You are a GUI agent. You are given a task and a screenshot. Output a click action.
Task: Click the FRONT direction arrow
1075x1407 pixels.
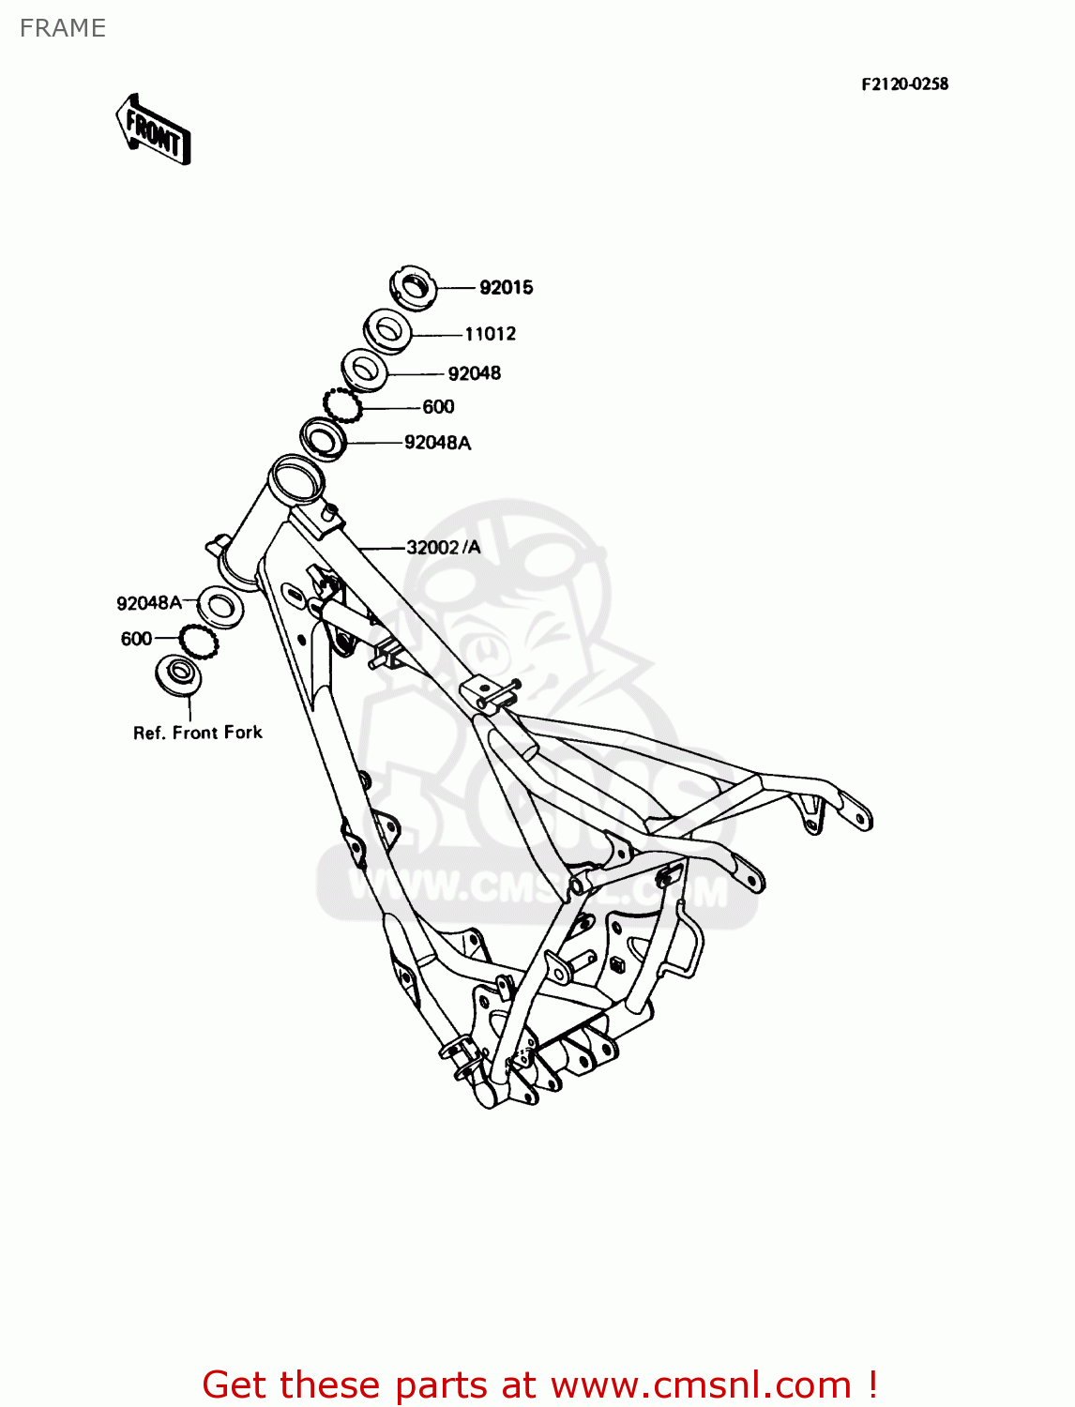[154, 130]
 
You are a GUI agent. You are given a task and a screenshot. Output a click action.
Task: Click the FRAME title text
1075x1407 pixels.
[63, 28]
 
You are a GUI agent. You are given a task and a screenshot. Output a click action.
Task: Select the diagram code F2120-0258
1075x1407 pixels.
[904, 84]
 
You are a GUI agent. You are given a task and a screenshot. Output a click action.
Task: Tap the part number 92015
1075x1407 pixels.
[506, 288]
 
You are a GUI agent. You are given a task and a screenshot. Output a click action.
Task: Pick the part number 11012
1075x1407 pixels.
[490, 334]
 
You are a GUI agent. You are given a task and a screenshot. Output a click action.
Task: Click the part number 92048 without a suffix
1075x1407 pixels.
[474, 373]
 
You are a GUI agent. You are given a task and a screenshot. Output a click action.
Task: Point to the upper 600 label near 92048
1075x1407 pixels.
[438, 407]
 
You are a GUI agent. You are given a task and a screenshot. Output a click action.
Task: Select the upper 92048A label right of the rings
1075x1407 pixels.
[437, 443]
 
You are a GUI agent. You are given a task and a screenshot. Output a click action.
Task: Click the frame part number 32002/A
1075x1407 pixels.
[443, 548]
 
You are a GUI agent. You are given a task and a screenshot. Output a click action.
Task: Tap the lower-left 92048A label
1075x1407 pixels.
[149, 603]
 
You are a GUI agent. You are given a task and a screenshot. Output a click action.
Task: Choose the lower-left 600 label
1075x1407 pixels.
[136, 639]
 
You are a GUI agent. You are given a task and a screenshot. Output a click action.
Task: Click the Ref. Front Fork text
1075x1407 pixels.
[198, 733]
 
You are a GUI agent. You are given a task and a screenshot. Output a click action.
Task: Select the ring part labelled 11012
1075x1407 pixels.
[386, 330]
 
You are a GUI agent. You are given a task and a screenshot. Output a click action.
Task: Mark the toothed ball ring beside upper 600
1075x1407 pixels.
[342, 405]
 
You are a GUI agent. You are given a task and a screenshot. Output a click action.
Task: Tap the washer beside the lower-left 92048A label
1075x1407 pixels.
[220, 607]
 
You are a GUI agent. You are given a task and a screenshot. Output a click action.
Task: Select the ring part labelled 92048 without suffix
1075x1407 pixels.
[364, 370]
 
